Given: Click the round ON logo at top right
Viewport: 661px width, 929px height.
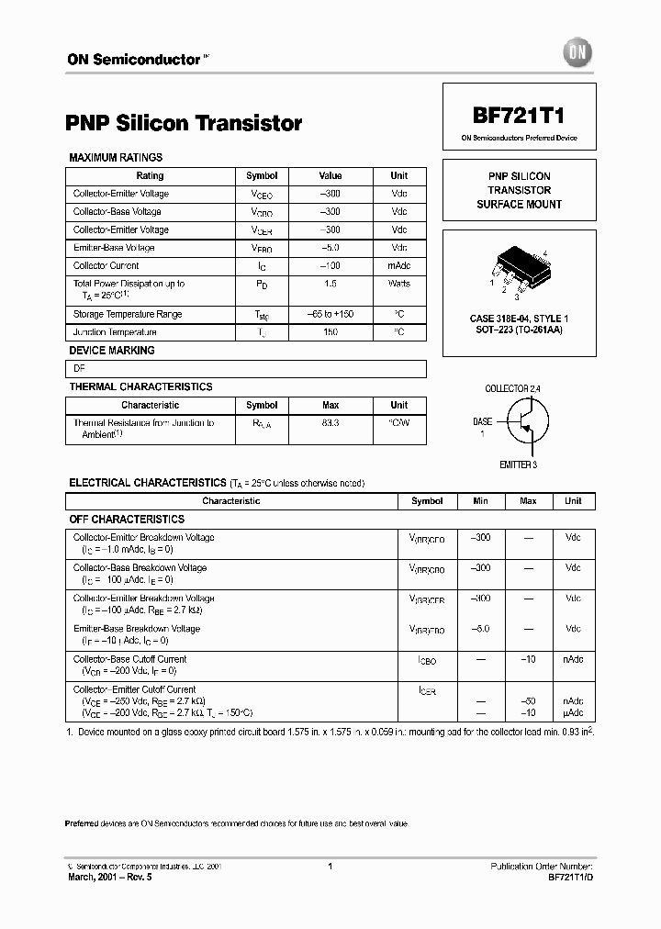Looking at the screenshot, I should [580, 53].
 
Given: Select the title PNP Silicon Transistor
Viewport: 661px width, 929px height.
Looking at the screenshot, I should [184, 123].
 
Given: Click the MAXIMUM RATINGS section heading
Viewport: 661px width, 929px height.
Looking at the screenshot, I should [116, 158].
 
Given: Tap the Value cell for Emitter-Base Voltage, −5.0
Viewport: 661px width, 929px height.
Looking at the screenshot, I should [330, 248].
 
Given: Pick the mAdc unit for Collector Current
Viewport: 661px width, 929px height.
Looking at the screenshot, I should [399, 266].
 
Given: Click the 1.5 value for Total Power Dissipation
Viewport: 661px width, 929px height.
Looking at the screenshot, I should [330, 285].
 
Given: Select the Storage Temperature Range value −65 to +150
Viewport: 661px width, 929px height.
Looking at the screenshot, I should [330, 315].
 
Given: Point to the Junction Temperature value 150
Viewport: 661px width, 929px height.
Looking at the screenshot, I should [330, 332].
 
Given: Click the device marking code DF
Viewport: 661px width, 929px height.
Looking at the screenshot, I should [79, 368].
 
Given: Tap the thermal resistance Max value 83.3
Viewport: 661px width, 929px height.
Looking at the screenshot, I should [330, 423].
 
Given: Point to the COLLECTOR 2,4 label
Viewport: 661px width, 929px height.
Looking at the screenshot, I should [512, 389].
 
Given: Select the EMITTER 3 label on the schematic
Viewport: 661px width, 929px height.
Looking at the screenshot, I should [518, 464].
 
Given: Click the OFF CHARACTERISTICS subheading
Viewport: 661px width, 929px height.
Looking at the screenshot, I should [127, 520].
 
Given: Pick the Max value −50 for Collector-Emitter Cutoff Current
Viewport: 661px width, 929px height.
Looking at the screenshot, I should [528, 701].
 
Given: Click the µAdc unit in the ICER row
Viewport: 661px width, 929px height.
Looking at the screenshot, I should [573, 712].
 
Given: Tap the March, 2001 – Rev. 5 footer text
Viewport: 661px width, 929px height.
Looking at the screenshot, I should [110, 878].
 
